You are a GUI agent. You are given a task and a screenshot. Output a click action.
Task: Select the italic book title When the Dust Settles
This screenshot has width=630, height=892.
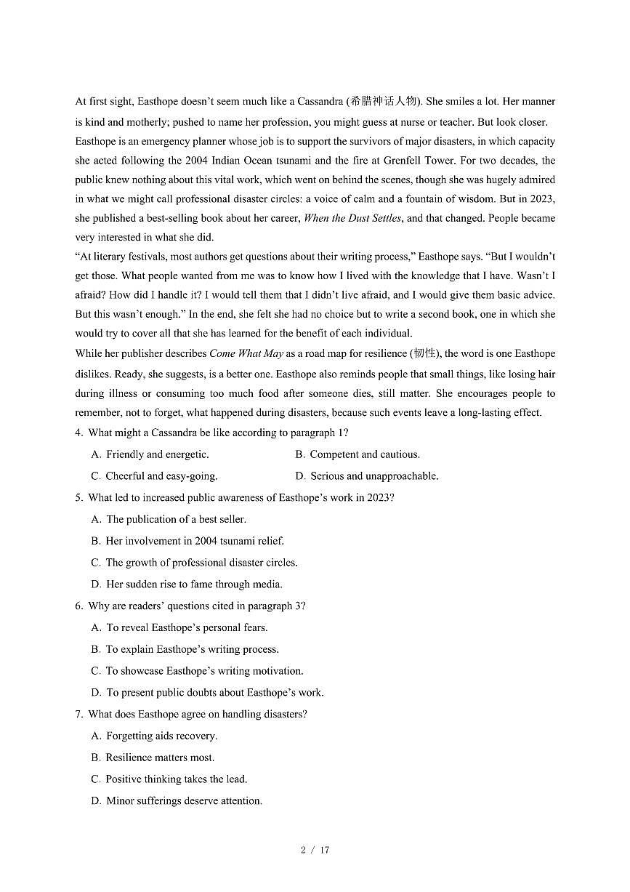[352, 218]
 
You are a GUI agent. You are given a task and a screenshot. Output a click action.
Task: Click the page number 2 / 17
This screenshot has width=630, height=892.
[315, 850]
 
